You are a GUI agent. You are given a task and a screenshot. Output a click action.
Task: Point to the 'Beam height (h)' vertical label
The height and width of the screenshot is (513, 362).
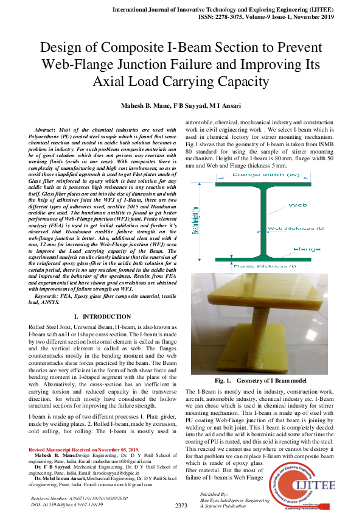click(196, 218)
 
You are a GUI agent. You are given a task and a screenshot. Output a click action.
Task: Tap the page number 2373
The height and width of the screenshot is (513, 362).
click(181, 505)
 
